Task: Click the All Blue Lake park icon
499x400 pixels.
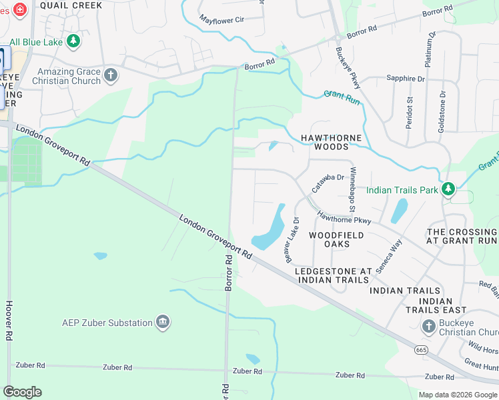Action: [x=73, y=41]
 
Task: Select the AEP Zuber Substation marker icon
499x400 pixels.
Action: [x=162, y=323]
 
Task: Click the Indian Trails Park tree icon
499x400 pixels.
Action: [x=448, y=189]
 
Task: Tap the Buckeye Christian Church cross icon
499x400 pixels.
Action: [x=429, y=326]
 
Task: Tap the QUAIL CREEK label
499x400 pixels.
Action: [x=71, y=5]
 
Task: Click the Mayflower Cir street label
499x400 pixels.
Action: [x=222, y=20]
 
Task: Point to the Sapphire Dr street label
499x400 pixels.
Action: [x=406, y=79]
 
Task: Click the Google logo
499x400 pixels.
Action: [x=22, y=391]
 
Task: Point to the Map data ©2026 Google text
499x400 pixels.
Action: [x=457, y=395]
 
